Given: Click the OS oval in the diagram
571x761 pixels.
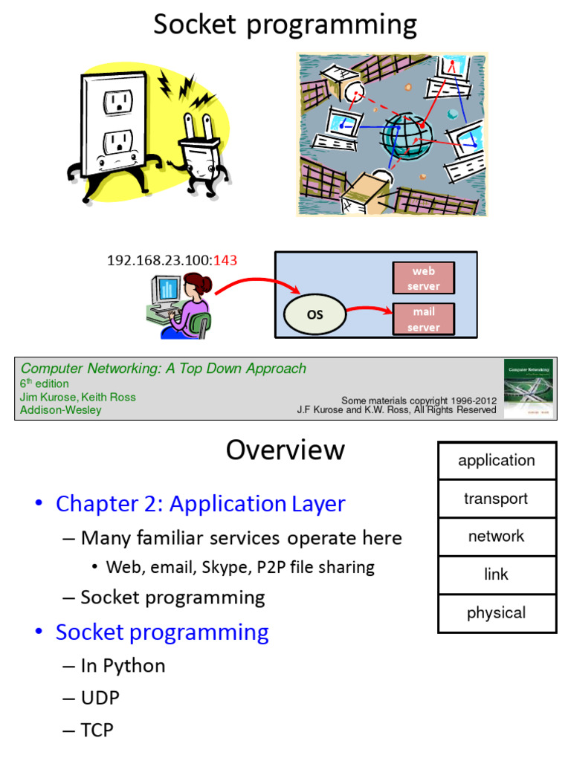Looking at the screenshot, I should (315, 314).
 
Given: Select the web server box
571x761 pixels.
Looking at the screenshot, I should (423, 279).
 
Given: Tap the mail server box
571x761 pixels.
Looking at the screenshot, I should (423, 320).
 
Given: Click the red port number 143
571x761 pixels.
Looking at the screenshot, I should (225, 260).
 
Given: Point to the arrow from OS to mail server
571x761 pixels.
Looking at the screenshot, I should (369, 310).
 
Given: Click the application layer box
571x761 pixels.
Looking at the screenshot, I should (497, 461).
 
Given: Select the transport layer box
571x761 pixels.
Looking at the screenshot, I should (497, 499).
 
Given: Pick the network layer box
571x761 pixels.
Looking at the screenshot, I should (497, 537).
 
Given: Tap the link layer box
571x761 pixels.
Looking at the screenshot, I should (497, 574).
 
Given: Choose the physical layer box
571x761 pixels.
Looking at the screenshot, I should (497, 613).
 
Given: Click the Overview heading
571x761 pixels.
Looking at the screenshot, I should (285, 450).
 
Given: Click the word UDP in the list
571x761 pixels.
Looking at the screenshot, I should (100, 698).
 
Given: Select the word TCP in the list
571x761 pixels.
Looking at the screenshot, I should (97, 731).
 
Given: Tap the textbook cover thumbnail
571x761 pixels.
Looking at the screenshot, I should (529, 387).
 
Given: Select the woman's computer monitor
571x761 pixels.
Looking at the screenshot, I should (166, 291).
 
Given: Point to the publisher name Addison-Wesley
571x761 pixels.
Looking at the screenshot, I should (61, 410).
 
